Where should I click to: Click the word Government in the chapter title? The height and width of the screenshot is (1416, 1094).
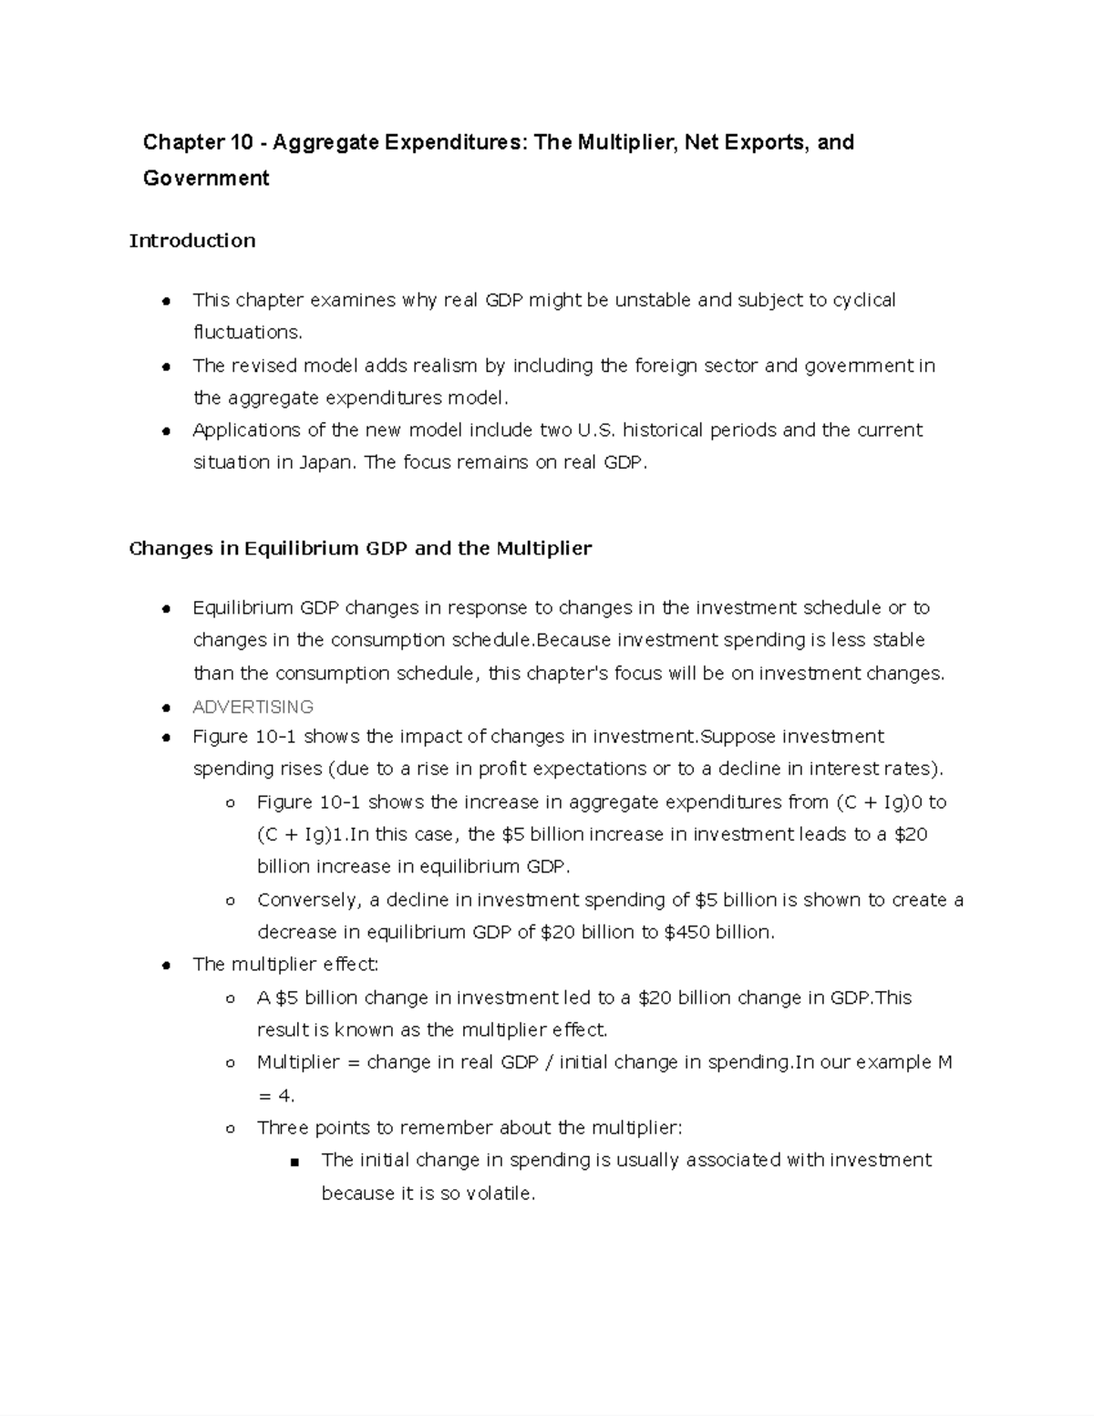coord(206,178)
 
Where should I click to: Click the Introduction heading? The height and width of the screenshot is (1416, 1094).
coord(192,241)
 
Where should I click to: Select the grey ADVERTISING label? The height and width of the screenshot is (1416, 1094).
coord(253,707)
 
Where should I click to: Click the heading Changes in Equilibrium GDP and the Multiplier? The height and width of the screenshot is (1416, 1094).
coord(360,548)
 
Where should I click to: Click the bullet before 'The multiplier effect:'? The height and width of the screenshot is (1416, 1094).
coord(166,966)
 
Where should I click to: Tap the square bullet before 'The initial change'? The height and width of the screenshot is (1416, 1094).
coord(294,1162)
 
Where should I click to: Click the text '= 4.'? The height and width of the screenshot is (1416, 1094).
coord(276,1095)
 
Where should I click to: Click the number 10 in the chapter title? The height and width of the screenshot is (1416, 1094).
coord(238,142)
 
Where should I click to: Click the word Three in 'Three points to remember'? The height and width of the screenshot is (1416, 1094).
coord(283,1128)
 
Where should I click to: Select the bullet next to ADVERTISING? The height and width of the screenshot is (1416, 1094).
coord(166,708)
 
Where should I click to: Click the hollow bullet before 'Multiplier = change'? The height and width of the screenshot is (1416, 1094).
coord(230,1063)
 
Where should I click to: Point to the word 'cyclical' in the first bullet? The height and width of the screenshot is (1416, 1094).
coord(863,300)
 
